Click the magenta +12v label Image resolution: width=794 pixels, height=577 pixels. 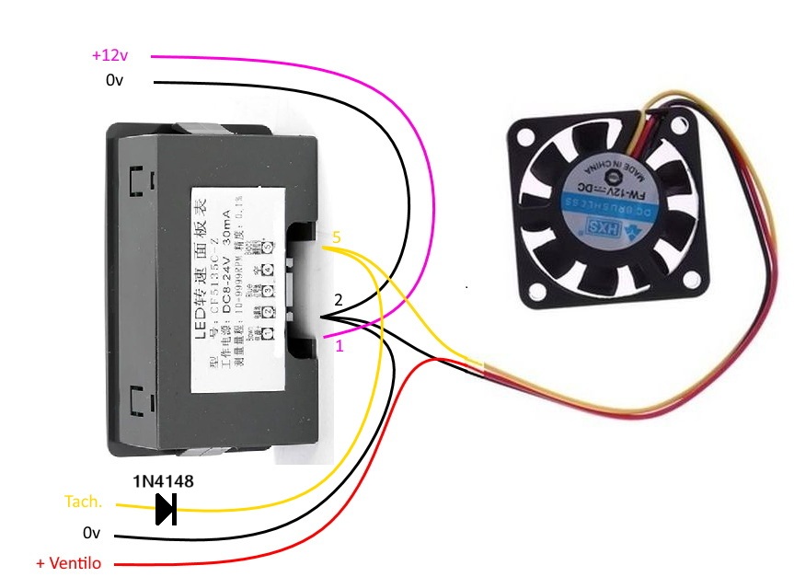click(x=109, y=55)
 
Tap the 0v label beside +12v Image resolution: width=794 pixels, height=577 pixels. click(x=114, y=81)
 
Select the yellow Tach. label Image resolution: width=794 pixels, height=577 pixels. click(x=83, y=502)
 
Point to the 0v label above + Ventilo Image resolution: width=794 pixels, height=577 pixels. click(x=90, y=533)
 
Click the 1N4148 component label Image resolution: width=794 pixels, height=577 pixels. click(x=164, y=481)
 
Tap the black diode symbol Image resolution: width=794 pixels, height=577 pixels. click(x=166, y=508)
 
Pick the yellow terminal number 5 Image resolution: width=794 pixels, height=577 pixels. click(x=337, y=237)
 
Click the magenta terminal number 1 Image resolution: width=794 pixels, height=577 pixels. click(x=339, y=346)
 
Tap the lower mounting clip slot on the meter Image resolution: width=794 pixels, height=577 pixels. click(x=139, y=401)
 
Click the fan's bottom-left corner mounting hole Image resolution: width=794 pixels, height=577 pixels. click(x=534, y=293)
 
